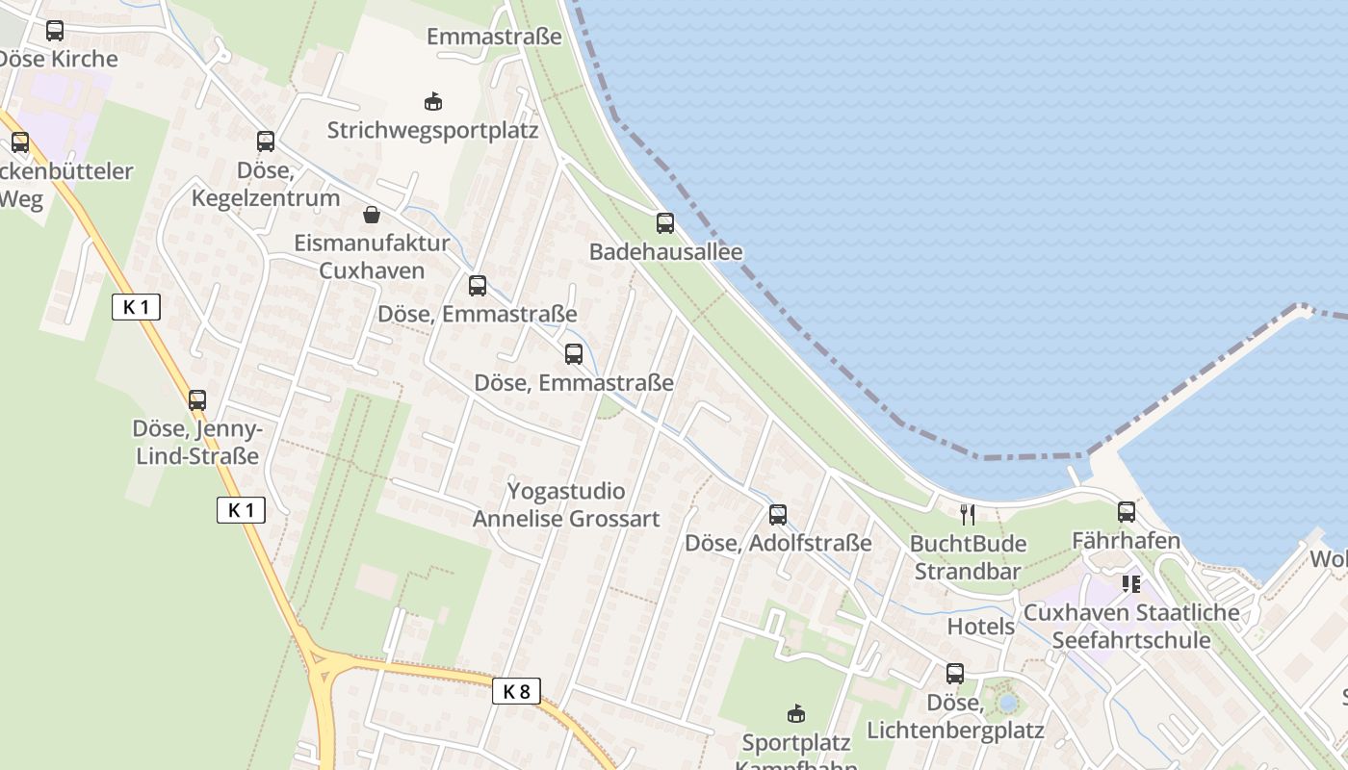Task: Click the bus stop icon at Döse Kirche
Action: [55, 31]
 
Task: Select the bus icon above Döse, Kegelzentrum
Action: [266, 141]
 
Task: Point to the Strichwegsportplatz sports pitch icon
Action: [433, 101]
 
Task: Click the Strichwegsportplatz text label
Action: [432, 130]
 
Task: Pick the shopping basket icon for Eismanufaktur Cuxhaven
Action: [372, 215]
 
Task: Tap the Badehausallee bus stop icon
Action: [665, 223]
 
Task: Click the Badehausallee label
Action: [665, 252]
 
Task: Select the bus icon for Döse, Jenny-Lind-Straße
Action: [197, 399]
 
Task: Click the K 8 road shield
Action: [516, 690]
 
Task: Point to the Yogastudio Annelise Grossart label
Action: [566, 505]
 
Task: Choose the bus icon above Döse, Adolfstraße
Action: [778, 514]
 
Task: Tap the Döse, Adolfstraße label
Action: [778, 543]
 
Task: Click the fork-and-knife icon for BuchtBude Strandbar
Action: [968, 514]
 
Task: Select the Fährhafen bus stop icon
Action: [1127, 512]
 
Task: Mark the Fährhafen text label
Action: [1127, 541]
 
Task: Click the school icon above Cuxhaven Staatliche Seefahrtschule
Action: [1131, 583]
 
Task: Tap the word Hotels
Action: [981, 627]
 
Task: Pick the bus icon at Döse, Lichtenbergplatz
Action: [955, 674]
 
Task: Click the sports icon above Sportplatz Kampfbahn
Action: [795, 713]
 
